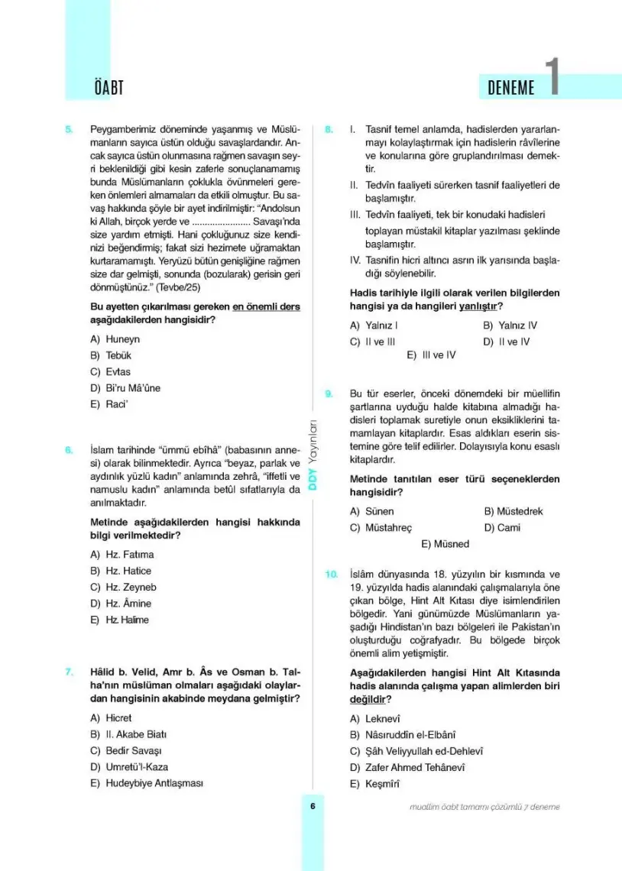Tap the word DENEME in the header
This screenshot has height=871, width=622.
point(510,88)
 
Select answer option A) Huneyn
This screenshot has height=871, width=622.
point(115,339)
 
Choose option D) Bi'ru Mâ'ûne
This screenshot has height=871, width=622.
point(125,388)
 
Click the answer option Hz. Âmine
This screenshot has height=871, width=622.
point(122,604)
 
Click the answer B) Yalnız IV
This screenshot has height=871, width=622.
point(510,325)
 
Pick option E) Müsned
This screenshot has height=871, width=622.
point(445,544)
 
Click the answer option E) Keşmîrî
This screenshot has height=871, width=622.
point(374,784)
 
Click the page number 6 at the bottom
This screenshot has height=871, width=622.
point(313,806)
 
